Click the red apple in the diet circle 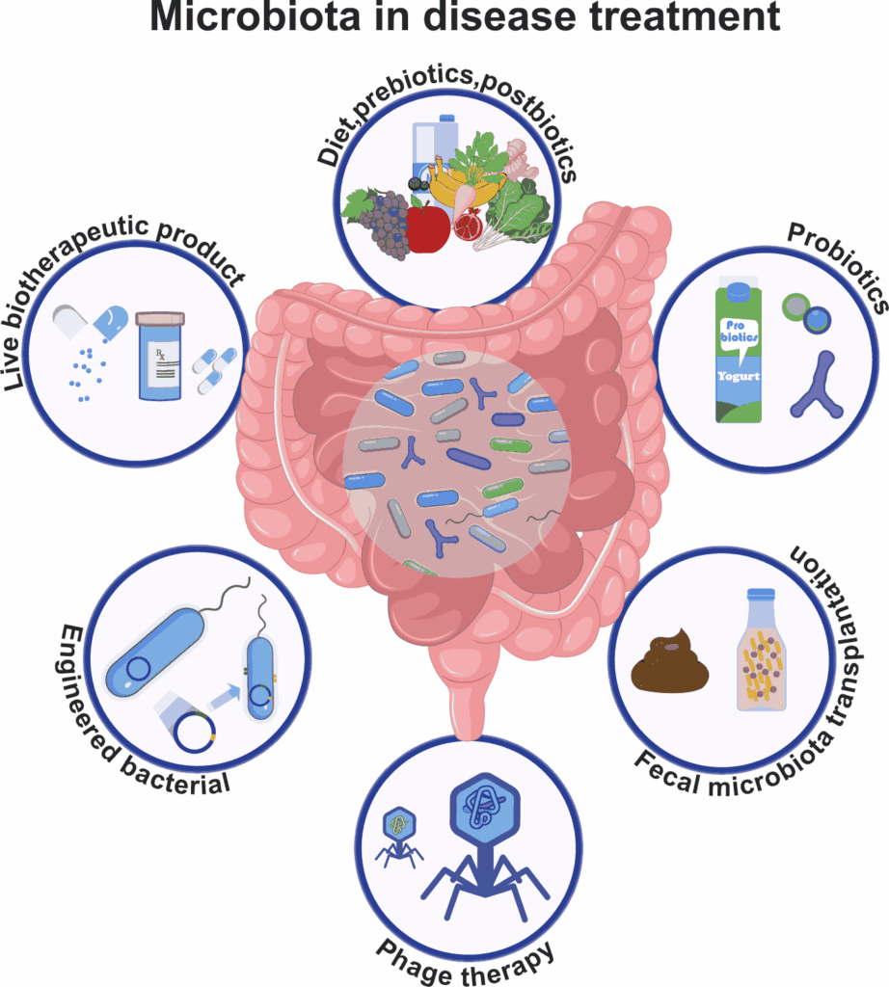click(427, 227)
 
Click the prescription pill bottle click(160, 356)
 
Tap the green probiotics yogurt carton click(739, 353)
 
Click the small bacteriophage click(398, 838)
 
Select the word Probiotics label click(838, 267)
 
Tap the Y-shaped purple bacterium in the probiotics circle click(818, 386)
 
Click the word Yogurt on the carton click(739, 377)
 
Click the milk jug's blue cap click(447, 118)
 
